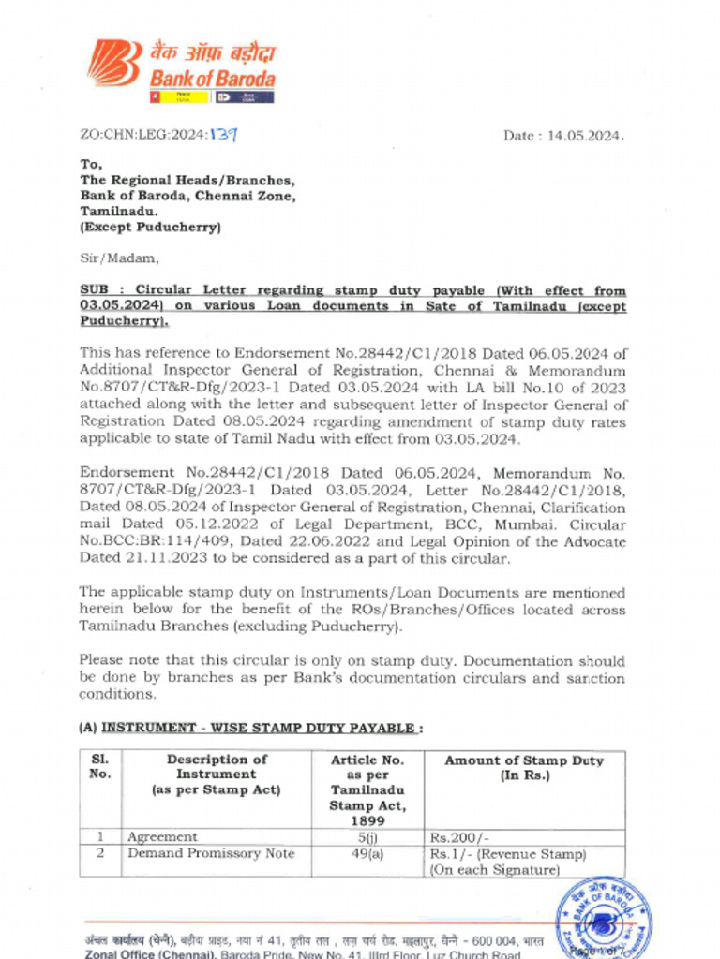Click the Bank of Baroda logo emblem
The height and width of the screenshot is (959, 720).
pyautogui.click(x=115, y=63)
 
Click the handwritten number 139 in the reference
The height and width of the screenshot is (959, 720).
pyautogui.click(x=222, y=135)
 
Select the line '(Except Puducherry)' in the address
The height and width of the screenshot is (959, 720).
pyautogui.click(x=150, y=228)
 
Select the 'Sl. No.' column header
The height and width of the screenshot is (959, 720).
pyautogui.click(x=100, y=767)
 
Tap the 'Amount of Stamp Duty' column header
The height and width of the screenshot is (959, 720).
pyautogui.click(x=524, y=767)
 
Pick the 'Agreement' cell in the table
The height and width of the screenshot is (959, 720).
pyautogui.click(x=162, y=837)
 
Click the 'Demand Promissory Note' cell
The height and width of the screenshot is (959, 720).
pyautogui.click(x=211, y=853)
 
